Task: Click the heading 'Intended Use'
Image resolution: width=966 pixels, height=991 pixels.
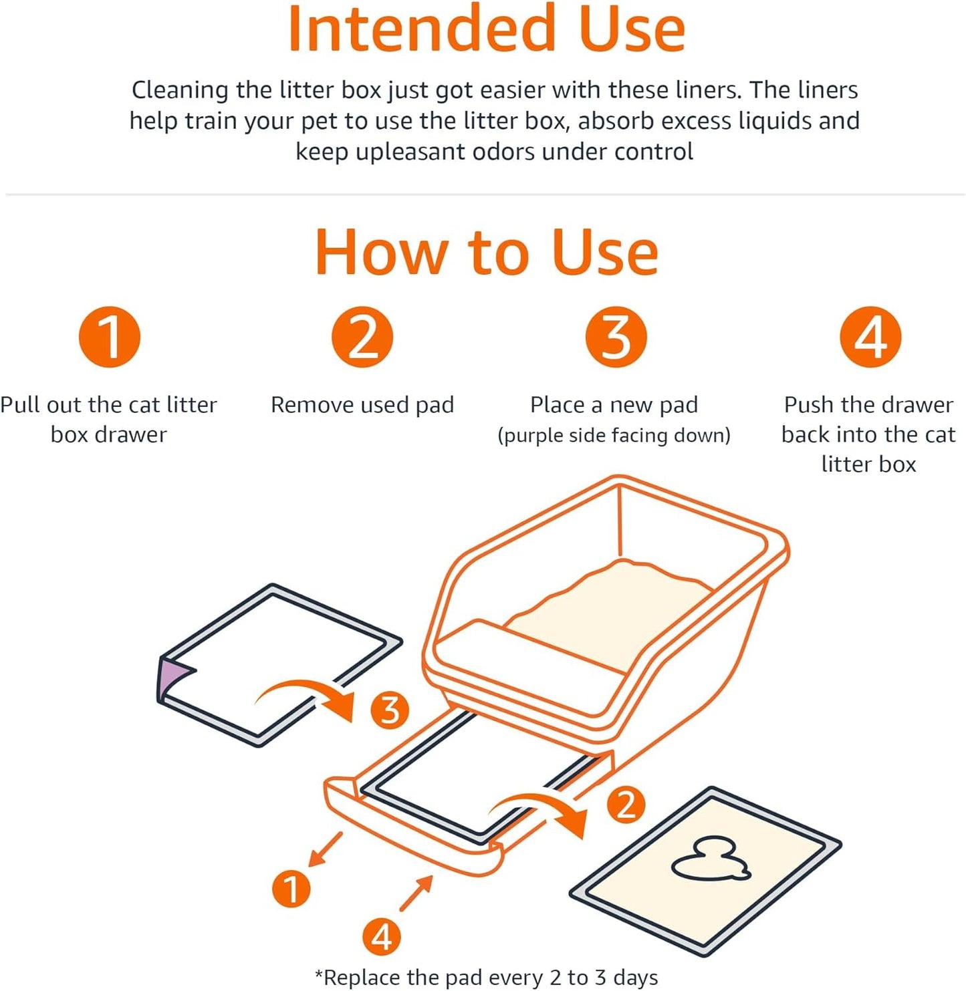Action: (x=486, y=30)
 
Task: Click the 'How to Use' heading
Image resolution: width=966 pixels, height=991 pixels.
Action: (x=486, y=252)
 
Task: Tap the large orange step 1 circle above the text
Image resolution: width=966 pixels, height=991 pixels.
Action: (x=110, y=337)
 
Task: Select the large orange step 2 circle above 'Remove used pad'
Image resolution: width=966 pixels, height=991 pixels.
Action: (x=362, y=337)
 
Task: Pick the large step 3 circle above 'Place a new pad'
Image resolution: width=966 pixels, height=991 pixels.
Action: (x=616, y=337)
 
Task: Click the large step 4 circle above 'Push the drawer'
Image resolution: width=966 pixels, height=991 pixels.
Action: (x=870, y=337)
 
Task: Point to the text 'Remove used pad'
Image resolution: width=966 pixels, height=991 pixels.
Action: (x=362, y=405)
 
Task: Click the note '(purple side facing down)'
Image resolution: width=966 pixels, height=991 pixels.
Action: (x=614, y=436)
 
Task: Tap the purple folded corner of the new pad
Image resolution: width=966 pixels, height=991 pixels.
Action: (x=170, y=676)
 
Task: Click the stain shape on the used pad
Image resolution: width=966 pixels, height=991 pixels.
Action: (x=709, y=861)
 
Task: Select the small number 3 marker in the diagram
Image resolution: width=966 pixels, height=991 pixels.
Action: (x=390, y=710)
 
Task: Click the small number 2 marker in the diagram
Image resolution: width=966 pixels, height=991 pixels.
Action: (x=626, y=805)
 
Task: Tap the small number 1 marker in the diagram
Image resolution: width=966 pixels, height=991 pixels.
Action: (x=291, y=889)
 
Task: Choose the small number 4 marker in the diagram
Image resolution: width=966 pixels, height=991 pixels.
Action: (x=381, y=936)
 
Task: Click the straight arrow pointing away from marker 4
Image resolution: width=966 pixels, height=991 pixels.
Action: (x=416, y=893)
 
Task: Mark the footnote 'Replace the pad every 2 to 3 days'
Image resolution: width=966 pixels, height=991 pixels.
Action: (x=486, y=977)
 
